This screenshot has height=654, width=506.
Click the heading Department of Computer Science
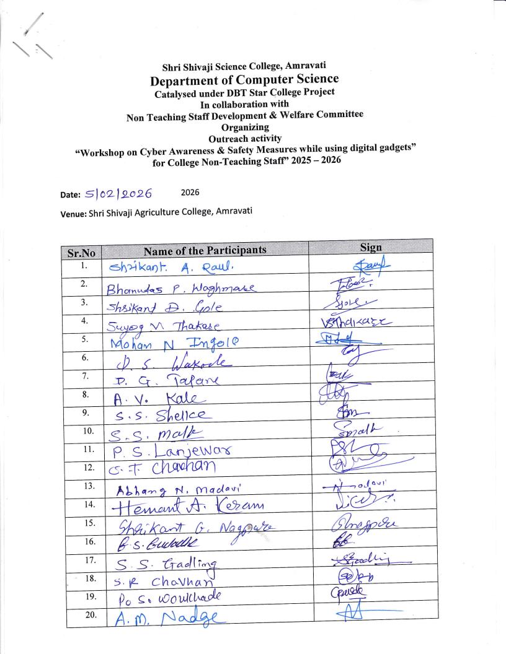click(x=244, y=79)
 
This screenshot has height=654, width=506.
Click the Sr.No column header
click(x=81, y=252)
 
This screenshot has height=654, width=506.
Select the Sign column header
click(x=371, y=247)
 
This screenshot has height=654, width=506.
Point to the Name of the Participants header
click(x=205, y=250)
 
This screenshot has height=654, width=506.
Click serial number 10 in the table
click(x=89, y=430)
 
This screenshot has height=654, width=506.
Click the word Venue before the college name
click(x=73, y=212)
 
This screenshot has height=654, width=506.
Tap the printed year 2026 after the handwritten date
click(x=190, y=193)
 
